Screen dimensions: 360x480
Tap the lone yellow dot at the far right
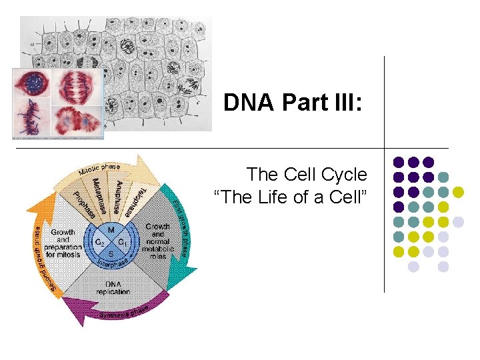click(458, 192)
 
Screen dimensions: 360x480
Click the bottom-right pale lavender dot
click(443, 266)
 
